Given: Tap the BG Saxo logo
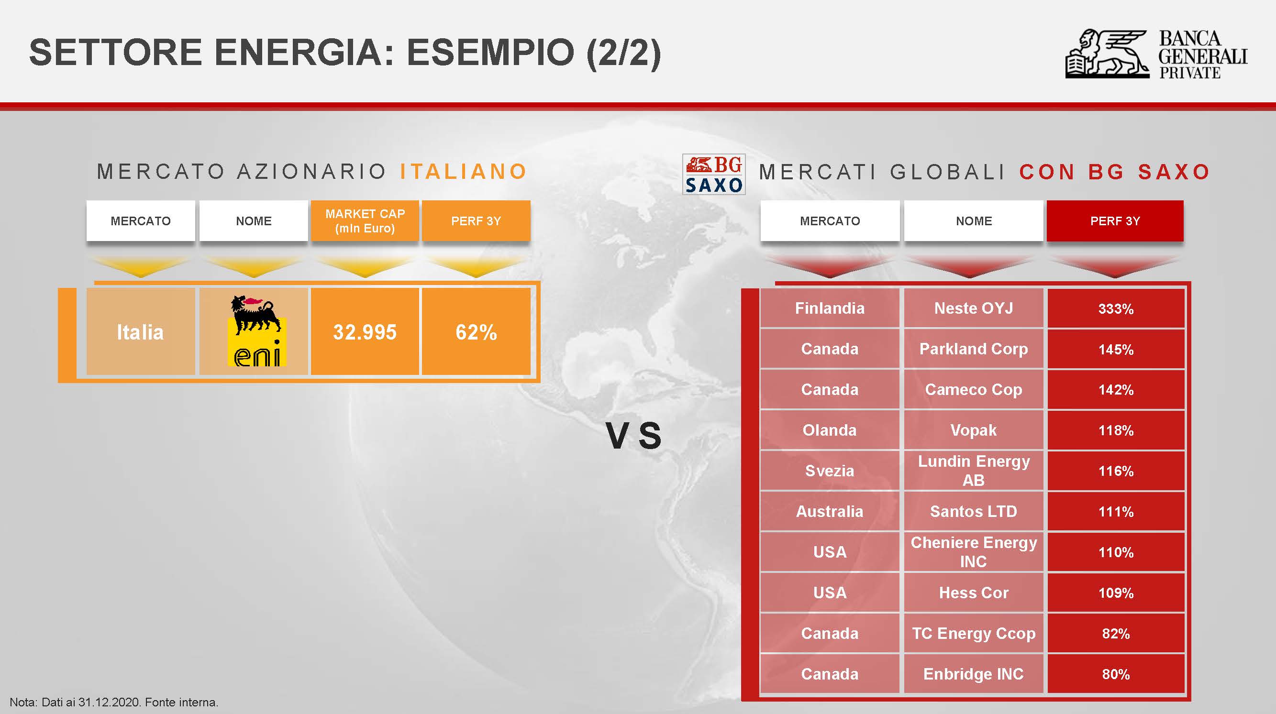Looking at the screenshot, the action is coord(714,174).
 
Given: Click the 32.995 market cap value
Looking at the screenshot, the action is coord(365,332).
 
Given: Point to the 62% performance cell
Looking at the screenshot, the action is coord(476,332).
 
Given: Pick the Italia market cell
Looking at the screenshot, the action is coord(141,332).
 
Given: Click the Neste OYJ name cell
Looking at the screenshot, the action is coord(973,308).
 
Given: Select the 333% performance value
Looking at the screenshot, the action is coord(1116,308).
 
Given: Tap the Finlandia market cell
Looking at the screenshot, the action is coord(830,308).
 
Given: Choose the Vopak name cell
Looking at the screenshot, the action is coord(973,430).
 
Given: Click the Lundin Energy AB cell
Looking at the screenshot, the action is coord(973,471).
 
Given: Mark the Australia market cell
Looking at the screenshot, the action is coord(830,511).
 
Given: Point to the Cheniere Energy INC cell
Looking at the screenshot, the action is coord(973,551).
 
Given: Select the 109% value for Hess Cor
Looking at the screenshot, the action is coord(1116,593).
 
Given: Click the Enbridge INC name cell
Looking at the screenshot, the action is coord(973,674).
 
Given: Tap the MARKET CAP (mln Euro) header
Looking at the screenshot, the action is coord(365,221).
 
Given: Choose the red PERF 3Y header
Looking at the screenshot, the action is coord(1115,221).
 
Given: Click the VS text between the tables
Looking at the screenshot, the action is coord(633,436).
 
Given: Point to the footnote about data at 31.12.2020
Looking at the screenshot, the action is coord(114,702).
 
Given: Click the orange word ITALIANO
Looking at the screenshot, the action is coord(464,172).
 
